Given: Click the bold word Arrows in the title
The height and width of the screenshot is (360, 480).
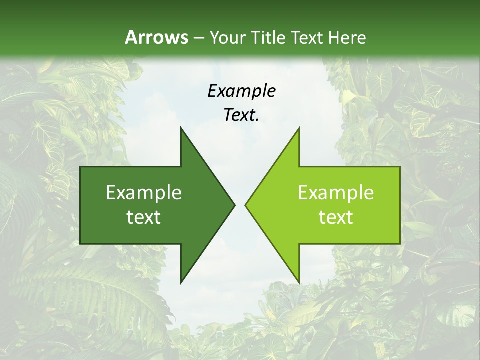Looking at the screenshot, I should point(156,37).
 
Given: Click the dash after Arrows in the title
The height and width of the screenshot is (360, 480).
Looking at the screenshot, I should point(198,38).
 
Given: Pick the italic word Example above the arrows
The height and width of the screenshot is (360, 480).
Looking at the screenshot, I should point(241,91).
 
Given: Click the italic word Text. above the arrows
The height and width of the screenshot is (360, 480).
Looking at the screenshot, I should point(241,115).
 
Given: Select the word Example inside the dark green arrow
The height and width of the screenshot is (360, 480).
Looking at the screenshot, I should point(144,193).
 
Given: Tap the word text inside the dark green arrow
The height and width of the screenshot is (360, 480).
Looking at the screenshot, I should point(144,217).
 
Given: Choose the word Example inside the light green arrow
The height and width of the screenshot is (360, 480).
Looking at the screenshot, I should point(336,193).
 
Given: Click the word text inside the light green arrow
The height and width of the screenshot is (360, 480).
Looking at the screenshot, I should point(336,217).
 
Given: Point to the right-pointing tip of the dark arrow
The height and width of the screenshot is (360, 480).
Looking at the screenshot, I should point(235,205).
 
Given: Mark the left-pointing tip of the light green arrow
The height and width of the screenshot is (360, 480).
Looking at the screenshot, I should point(245,205).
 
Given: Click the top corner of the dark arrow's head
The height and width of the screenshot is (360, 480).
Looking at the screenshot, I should point(181,128).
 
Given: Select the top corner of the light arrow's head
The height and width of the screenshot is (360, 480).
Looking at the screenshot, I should point(299,128).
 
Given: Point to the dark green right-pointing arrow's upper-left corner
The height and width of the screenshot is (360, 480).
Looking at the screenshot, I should point(81,167).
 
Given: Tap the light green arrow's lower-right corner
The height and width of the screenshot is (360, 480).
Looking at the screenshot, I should point(400,243).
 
